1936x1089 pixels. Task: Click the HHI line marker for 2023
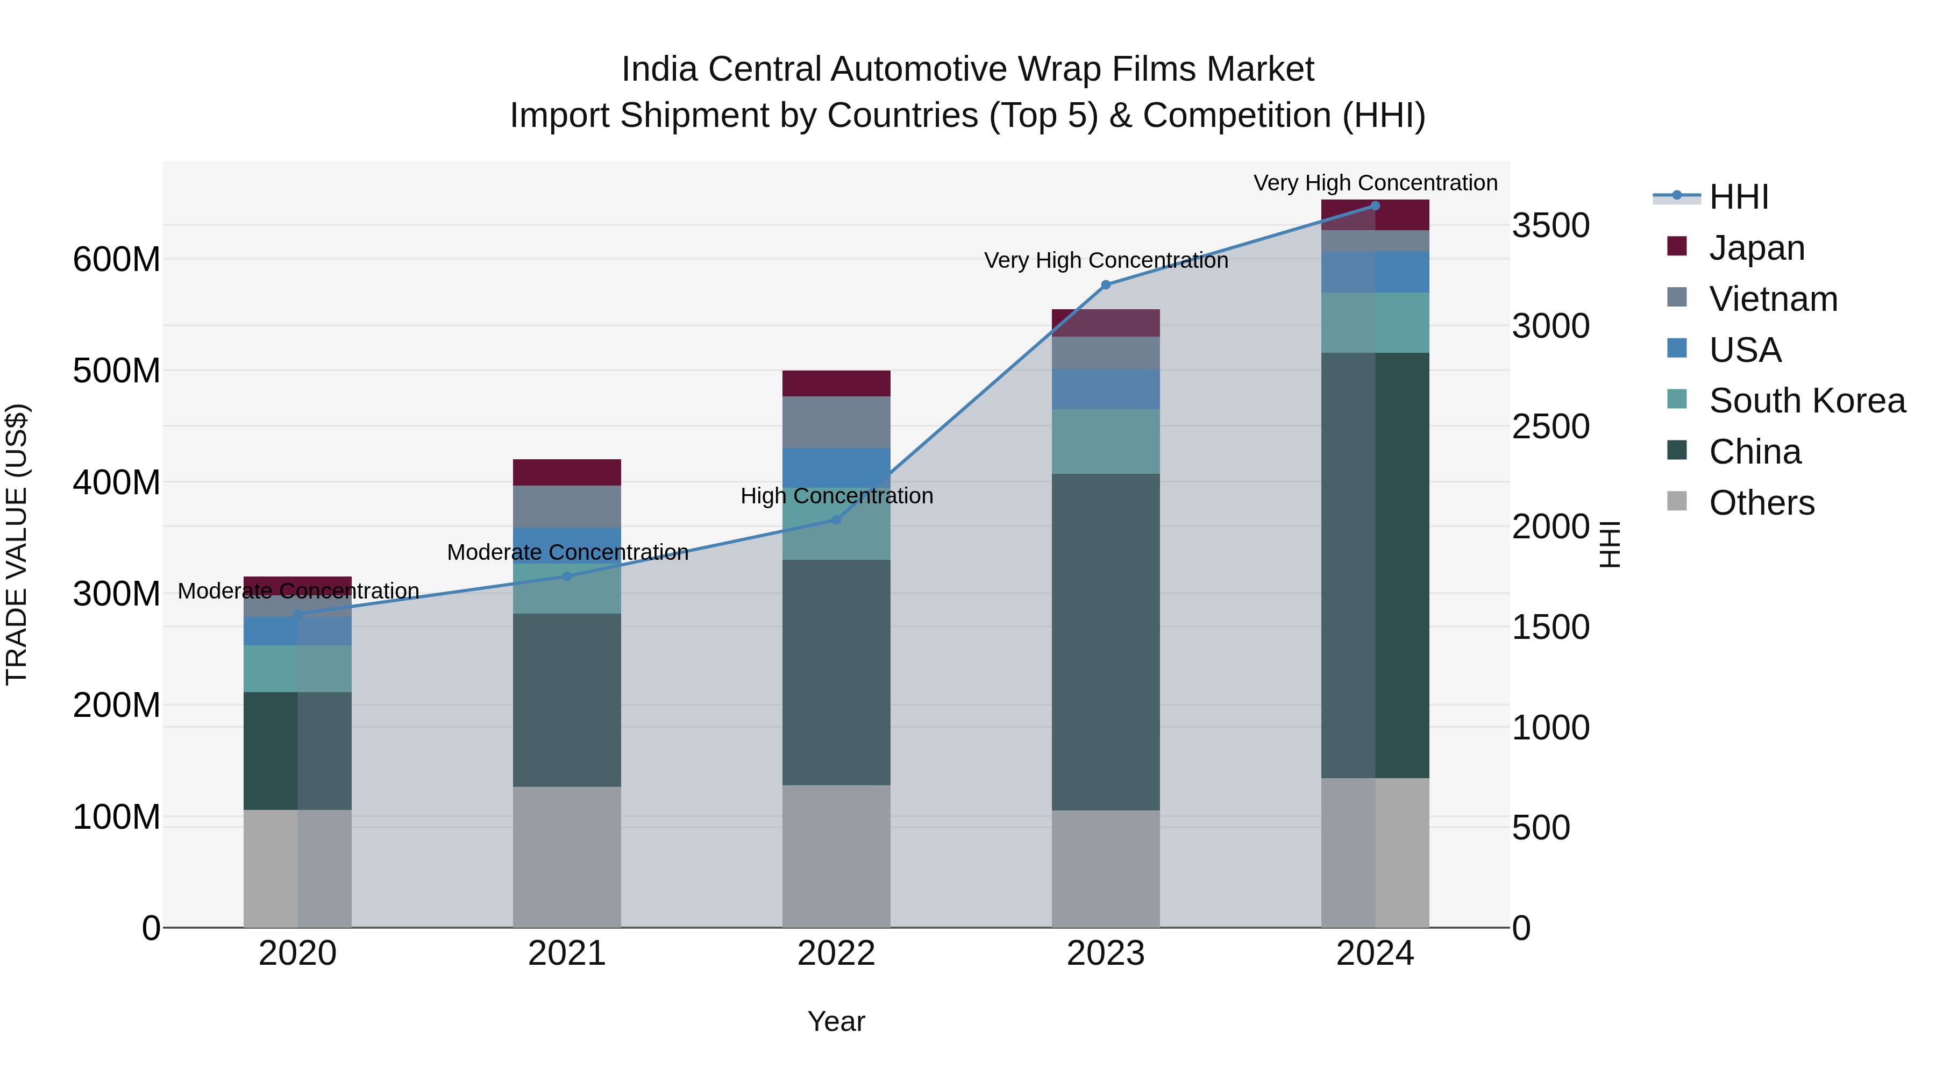(1106, 285)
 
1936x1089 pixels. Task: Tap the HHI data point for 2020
(297, 614)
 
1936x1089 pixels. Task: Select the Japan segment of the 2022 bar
(836, 383)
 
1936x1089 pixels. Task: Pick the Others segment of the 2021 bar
(567, 857)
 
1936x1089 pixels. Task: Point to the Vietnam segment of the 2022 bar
(836, 422)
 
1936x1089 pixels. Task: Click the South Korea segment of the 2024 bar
(1375, 323)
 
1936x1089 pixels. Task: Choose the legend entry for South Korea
(1807, 401)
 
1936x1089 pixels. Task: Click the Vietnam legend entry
(1773, 299)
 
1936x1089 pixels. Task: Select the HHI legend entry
(1738, 197)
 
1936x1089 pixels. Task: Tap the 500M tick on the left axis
(117, 371)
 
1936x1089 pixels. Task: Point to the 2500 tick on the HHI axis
(1550, 427)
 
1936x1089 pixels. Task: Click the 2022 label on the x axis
(836, 953)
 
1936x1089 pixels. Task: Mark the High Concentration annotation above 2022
(836, 496)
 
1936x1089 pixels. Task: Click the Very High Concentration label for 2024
(1375, 183)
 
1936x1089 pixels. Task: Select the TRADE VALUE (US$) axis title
(17, 544)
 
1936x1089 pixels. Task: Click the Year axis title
(836, 1021)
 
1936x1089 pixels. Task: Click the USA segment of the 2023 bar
(1106, 389)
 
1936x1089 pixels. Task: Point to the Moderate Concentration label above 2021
(567, 552)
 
